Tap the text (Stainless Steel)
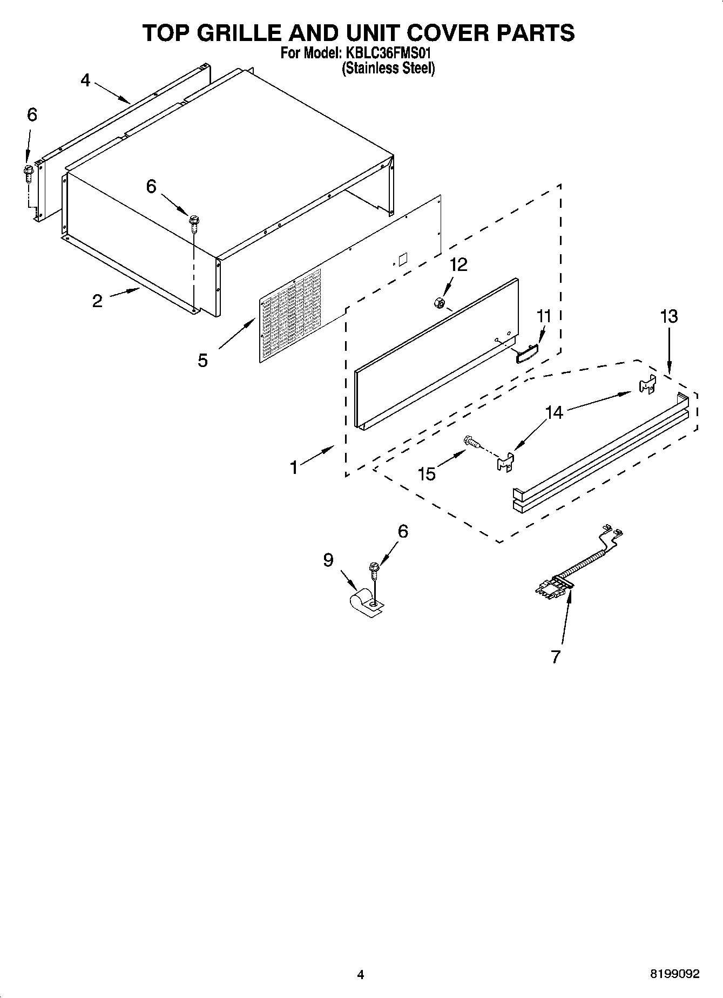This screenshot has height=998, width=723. click(x=388, y=69)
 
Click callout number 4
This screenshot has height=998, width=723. click(x=85, y=80)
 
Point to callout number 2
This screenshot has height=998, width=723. click(x=97, y=301)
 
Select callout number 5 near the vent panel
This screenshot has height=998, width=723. click(x=202, y=360)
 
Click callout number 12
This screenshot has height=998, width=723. click(x=458, y=264)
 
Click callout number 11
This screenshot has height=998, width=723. click(x=544, y=316)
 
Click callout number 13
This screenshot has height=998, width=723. click(x=668, y=316)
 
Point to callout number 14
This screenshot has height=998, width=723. click(x=554, y=412)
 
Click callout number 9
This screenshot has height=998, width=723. click(x=328, y=560)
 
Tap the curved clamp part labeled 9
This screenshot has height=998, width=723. click(x=365, y=603)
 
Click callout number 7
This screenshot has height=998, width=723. click(x=556, y=656)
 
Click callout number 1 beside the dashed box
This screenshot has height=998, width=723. click(x=294, y=467)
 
